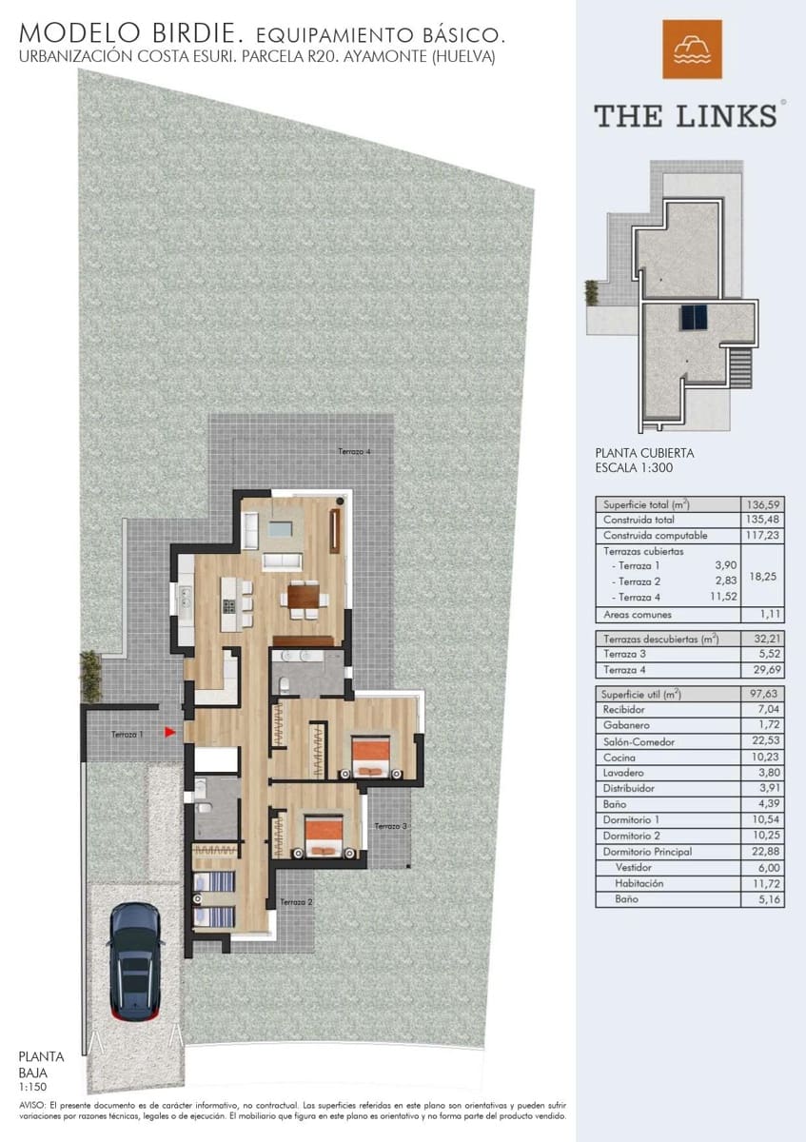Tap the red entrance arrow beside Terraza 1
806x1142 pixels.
click(x=168, y=732)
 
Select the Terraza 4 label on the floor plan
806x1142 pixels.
click(x=353, y=451)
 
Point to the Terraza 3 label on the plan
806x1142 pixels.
click(x=390, y=826)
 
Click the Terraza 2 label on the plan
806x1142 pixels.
click(x=297, y=901)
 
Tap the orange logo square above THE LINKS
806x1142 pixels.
click(x=692, y=49)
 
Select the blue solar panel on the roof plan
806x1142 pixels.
click(x=693, y=317)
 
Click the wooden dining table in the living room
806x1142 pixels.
click(x=302, y=597)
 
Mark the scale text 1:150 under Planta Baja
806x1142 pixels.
click(x=31, y=1086)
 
